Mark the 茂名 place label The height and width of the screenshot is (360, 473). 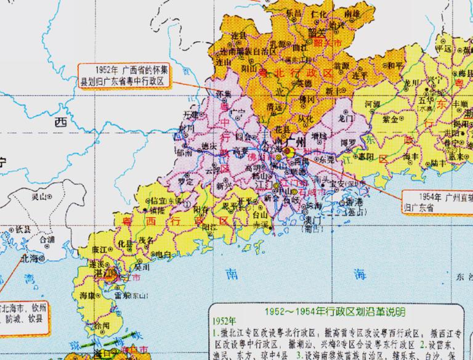tap(145, 241)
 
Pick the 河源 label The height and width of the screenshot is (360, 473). tap(373, 105)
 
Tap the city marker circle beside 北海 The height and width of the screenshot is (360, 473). tap(41, 260)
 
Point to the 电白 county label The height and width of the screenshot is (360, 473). tap(162, 253)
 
